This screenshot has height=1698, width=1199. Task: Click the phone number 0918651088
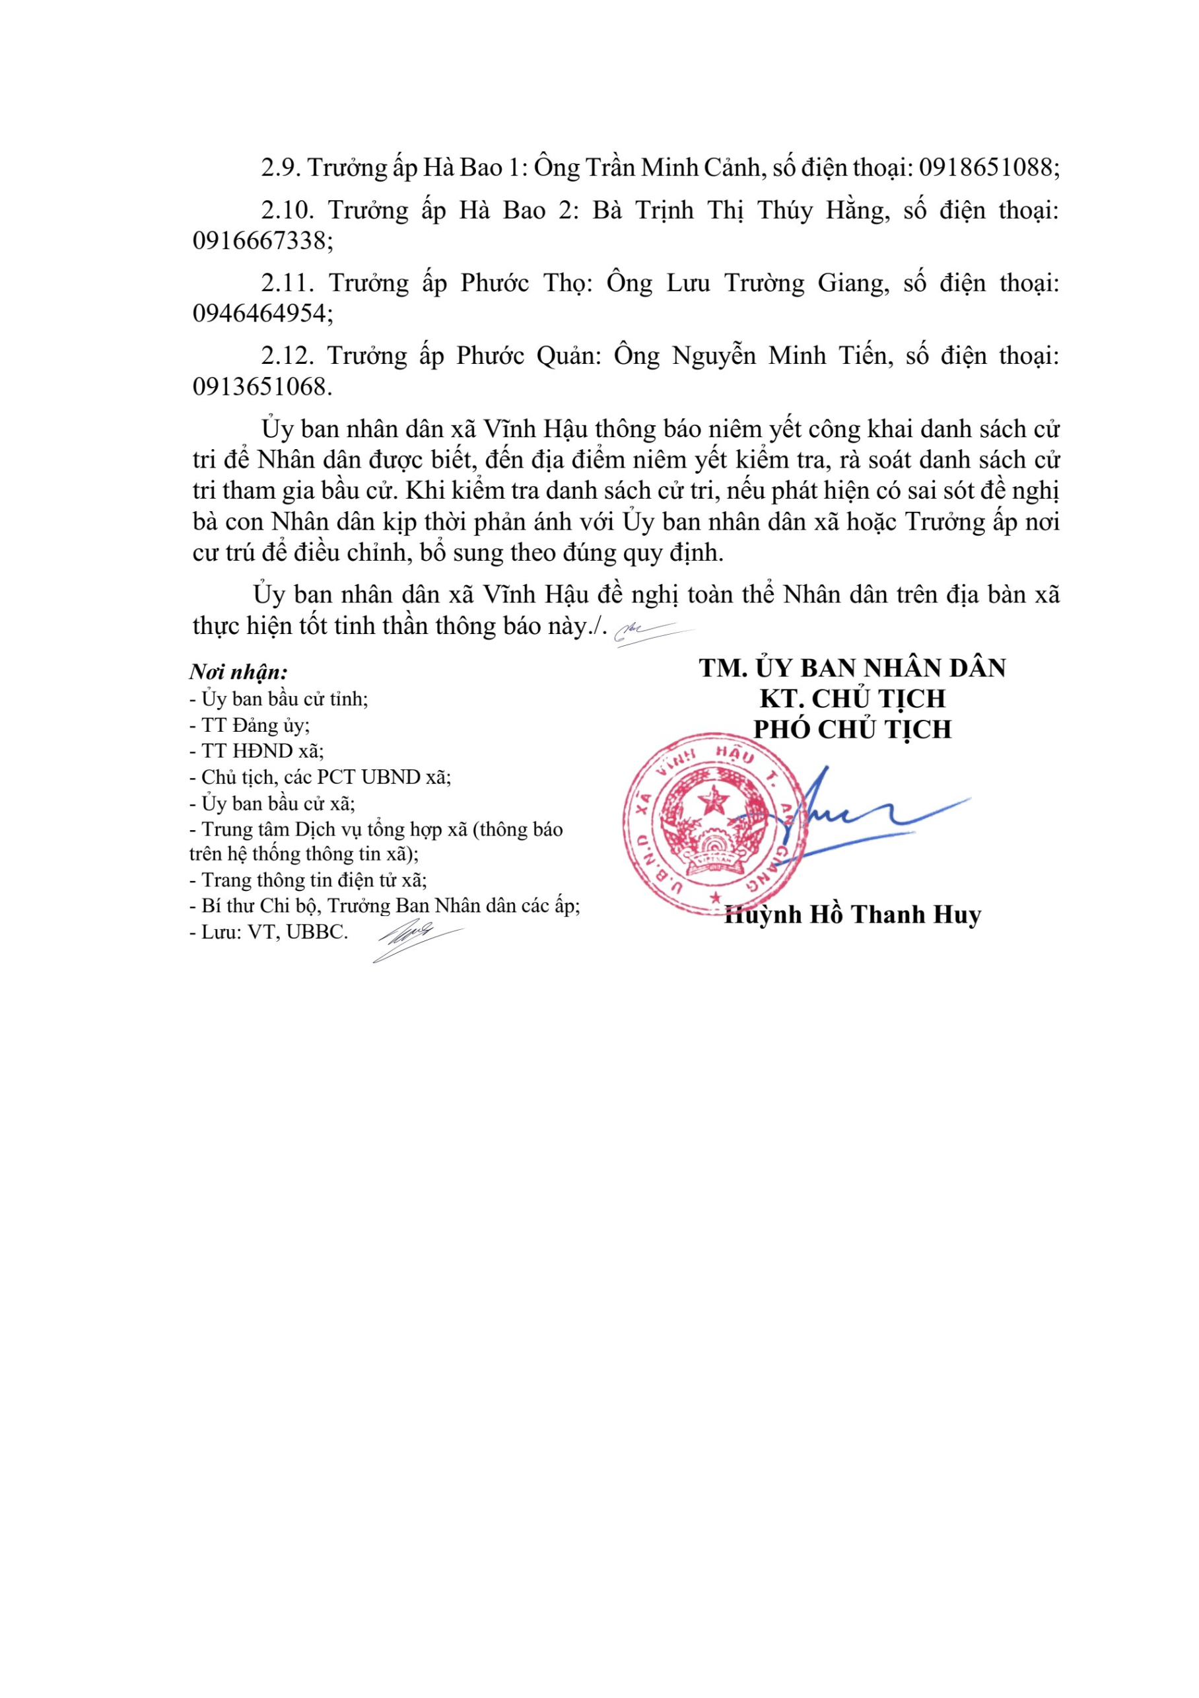click(x=988, y=168)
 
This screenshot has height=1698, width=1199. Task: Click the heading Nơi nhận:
click(x=238, y=672)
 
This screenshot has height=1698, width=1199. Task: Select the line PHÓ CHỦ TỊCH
click(x=852, y=729)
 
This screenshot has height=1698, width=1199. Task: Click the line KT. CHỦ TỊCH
click(x=852, y=698)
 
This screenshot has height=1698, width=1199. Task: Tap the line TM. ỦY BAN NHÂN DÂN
click(x=852, y=668)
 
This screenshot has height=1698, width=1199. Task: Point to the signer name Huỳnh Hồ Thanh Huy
click(x=853, y=915)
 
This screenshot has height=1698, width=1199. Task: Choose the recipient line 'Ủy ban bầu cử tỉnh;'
click(x=279, y=698)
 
